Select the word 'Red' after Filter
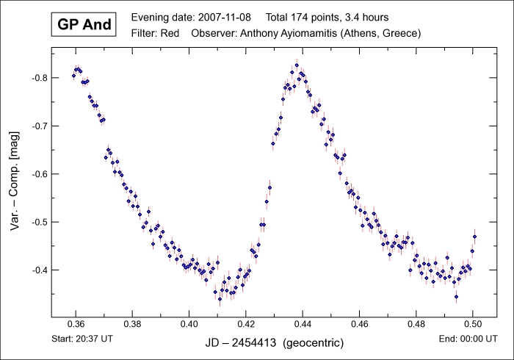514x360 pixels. click(x=170, y=33)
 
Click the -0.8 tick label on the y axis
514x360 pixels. click(x=37, y=78)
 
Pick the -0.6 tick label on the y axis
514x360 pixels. click(x=37, y=174)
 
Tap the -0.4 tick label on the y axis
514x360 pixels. click(x=37, y=270)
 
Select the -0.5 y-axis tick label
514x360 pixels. click(x=37, y=222)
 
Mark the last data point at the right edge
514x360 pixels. click(x=475, y=237)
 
